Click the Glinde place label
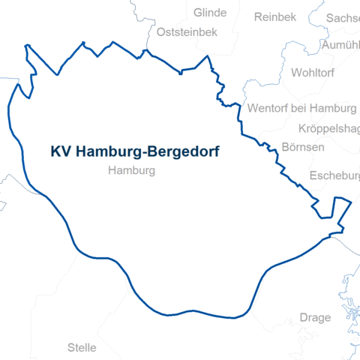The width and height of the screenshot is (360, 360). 209,13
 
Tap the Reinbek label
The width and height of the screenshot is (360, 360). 275,17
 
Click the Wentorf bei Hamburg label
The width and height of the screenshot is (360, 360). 301,107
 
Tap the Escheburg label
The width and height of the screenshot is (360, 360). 334,176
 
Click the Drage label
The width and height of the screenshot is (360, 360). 314,317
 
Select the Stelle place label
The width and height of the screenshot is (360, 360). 82,347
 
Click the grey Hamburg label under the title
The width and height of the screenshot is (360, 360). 131,171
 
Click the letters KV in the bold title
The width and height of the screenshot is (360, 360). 59,151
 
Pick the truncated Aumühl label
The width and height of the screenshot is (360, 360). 340,46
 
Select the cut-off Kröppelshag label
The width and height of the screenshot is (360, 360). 329,128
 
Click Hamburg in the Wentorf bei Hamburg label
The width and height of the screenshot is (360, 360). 336,107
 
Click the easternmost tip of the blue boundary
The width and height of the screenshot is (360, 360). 351,202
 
